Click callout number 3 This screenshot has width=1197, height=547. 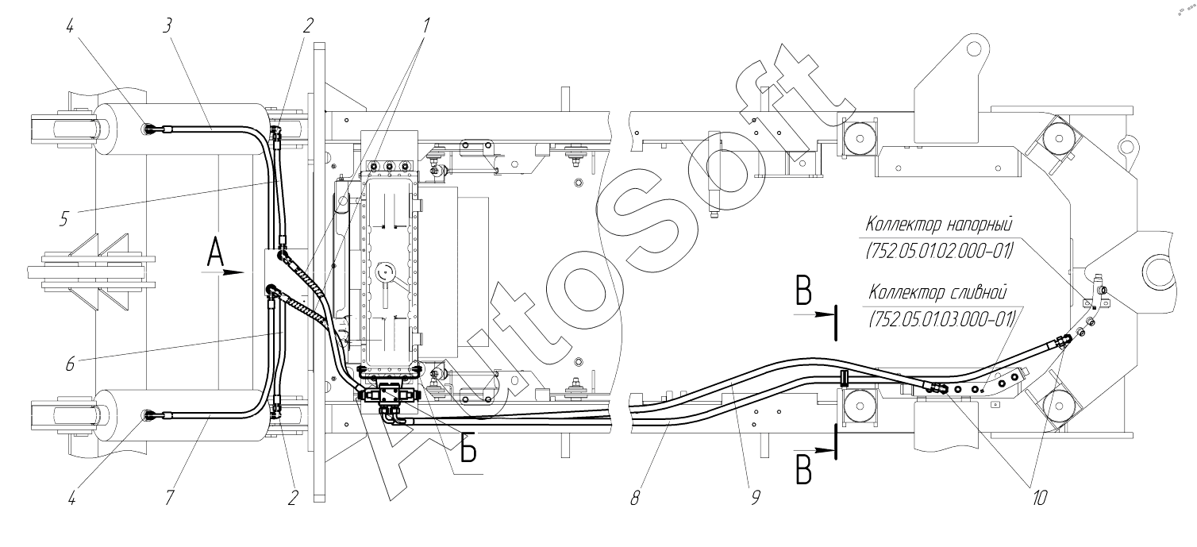tap(167, 25)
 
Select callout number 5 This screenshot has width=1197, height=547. tap(64, 218)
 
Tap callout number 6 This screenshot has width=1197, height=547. tap(71, 364)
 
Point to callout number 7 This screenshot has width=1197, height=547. tap(169, 498)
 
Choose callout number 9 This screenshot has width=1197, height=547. tap(756, 498)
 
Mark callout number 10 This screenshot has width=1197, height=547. tap(1039, 498)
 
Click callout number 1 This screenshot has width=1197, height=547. tap(426, 25)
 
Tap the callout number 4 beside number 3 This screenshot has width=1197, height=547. tap(71, 25)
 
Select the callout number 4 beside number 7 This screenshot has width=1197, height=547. tap(72, 498)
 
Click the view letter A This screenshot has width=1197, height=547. tap(215, 252)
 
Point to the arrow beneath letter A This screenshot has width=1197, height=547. tap(223, 272)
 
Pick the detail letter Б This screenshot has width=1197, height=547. tap(468, 448)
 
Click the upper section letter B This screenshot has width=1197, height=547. tap(804, 291)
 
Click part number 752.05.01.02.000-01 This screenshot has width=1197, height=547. tap(940, 251)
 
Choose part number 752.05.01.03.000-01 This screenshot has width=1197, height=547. tap(942, 319)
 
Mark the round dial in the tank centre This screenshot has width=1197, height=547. tap(384, 272)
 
